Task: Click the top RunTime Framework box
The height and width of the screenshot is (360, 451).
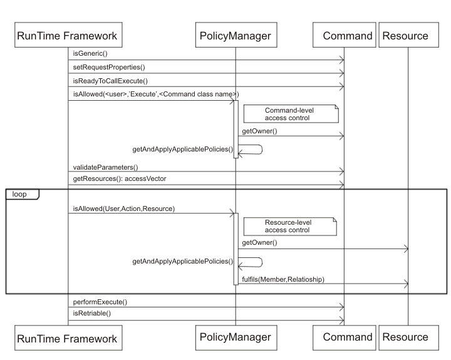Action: point(66,36)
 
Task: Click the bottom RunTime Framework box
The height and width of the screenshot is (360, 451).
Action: point(66,338)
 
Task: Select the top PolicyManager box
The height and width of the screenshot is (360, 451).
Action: point(236,36)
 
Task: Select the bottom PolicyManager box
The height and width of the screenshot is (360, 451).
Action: point(236,337)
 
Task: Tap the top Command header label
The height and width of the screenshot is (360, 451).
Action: point(348,36)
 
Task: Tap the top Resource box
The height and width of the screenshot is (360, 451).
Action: point(405,36)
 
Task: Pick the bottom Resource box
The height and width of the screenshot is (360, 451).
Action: point(405,337)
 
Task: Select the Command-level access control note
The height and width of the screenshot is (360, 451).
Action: point(291,113)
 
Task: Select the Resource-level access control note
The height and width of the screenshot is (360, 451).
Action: point(290,226)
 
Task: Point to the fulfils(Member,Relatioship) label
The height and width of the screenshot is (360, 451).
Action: point(283,279)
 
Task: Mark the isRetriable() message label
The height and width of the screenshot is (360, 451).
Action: point(92,313)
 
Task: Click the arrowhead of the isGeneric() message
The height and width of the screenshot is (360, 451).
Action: point(341,59)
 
